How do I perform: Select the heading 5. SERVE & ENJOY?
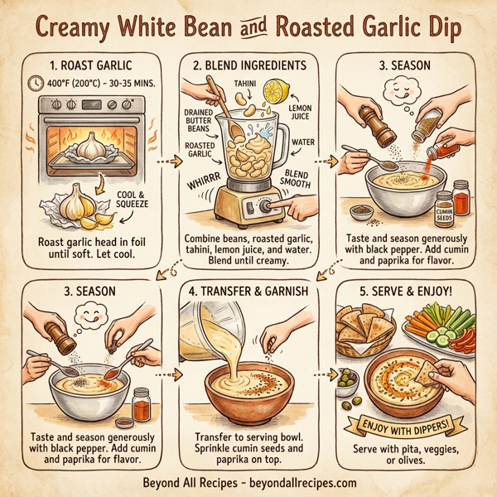point(407,291)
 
